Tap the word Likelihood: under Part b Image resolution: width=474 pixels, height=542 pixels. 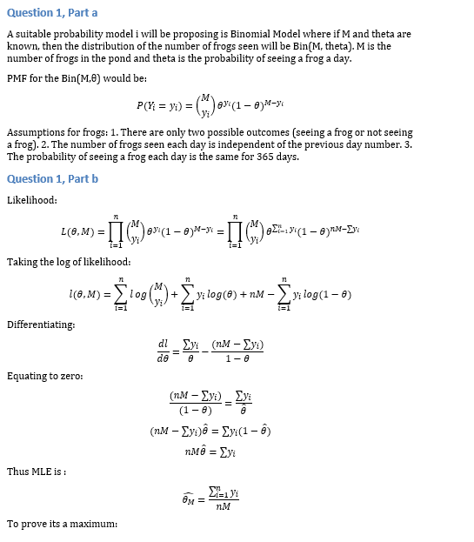[31, 200]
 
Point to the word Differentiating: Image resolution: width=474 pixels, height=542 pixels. [41, 325]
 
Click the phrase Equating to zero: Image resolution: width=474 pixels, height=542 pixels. [45, 376]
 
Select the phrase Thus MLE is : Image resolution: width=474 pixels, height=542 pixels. [37, 472]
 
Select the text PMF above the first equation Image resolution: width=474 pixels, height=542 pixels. [17, 78]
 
